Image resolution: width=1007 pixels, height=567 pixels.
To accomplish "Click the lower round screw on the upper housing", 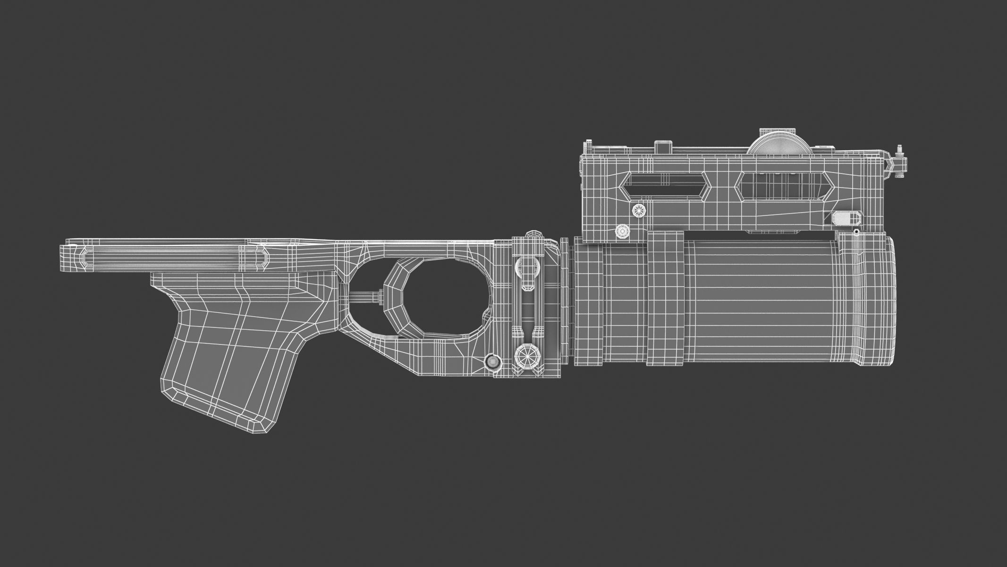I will [x=622, y=232].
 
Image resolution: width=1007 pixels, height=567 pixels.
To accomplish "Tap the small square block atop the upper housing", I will [x=663, y=146].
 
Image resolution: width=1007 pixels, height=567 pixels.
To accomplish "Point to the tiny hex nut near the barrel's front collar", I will [x=856, y=232].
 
